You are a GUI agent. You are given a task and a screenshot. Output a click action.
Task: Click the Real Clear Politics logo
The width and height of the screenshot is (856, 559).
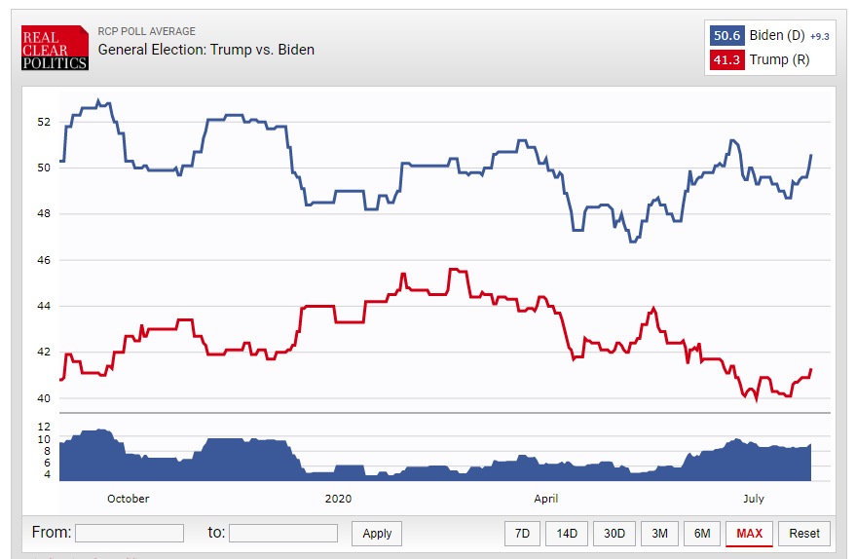55,48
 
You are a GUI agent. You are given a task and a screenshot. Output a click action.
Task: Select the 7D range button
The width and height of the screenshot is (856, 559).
522,533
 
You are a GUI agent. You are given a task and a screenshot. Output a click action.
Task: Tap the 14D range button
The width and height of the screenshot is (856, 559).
566,533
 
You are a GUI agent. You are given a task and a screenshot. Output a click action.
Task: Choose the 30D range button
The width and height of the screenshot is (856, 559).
614,533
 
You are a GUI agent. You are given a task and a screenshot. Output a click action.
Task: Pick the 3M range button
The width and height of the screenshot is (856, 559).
659,533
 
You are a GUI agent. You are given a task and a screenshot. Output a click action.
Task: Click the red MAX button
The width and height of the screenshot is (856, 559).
749,533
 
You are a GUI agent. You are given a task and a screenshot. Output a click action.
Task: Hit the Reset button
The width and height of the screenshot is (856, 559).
804,533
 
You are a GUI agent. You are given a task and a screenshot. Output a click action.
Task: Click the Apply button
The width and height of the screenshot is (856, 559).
377,533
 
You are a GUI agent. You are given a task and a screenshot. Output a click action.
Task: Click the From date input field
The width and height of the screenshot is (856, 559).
130,533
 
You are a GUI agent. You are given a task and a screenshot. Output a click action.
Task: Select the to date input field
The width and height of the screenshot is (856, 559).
283,533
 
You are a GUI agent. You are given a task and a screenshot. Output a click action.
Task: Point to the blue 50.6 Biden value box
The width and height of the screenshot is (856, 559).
727,36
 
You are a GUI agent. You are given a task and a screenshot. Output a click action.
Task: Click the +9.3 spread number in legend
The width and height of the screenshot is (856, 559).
820,36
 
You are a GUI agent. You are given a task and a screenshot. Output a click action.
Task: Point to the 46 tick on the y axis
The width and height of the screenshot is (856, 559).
43,260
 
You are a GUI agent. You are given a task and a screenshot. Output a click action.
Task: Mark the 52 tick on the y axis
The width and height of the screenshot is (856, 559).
43,122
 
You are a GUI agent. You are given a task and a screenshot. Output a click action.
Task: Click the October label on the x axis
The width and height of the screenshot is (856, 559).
128,499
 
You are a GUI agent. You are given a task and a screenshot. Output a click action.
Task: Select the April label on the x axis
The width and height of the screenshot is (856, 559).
546,499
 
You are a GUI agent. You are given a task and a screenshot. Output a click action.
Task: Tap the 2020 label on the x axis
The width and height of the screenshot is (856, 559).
337,499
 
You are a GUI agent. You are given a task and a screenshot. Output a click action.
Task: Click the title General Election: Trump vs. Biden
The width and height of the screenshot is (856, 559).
206,50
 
